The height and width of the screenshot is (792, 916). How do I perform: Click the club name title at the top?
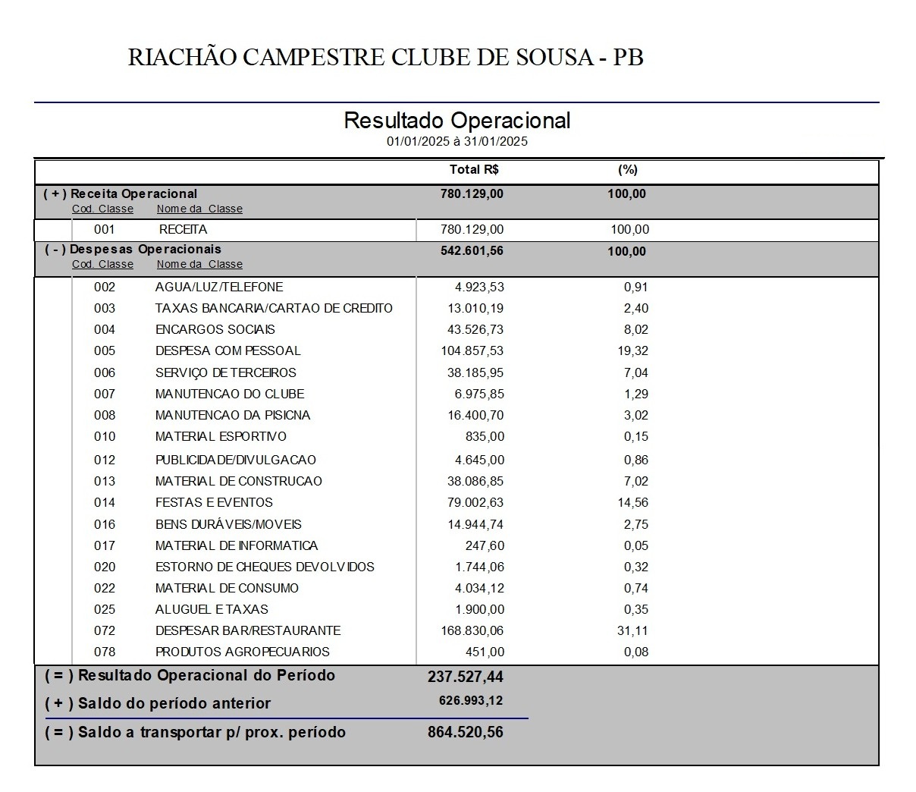pyautogui.click(x=385, y=58)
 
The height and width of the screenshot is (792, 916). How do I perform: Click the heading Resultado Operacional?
pyautogui.click(x=456, y=121)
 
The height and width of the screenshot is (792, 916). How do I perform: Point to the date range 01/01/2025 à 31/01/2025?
pyautogui.click(x=456, y=142)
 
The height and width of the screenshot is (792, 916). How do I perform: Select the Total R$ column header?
pyautogui.click(x=474, y=170)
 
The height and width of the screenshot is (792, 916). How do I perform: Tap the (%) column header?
pyautogui.click(x=627, y=170)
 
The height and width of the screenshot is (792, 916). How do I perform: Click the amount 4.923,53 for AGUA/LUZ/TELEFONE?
pyautogui.click(x=479, y=288)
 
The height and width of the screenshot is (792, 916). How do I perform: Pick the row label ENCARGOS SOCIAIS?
pyautogui.click(x=215, y=330)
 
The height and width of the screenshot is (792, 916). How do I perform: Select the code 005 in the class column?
pyautogui.click(x=105, y=351)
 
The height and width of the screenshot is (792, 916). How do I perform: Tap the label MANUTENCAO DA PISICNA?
pyautogui.click(x=232, y=416)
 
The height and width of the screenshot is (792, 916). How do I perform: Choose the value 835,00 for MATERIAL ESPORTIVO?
pyautogui.click(x=485, y=437)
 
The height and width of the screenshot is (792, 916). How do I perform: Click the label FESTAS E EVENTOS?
pyautogui.click(x=214, y=503)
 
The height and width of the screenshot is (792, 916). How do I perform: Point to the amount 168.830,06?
pyautogui.click(x=472, y=631)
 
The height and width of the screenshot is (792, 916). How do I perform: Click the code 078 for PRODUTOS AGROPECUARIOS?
pyautogui.click(x=105, y=652)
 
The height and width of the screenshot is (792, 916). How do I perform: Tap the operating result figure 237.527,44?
pyautogui.click(x=465, y=677)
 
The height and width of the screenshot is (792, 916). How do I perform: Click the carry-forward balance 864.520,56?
pyautogui.click(x=465, y=733)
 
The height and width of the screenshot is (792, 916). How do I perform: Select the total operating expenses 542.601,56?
pyautogui.click(x=472, y=251)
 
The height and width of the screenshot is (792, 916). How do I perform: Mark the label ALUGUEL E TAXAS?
pyautogui.click(x=212, y=610)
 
